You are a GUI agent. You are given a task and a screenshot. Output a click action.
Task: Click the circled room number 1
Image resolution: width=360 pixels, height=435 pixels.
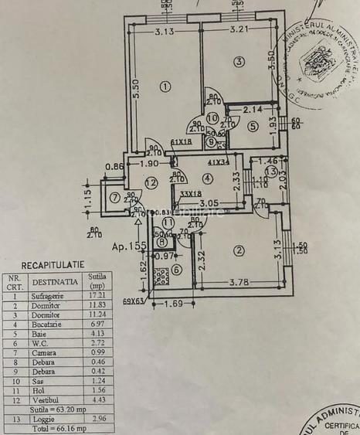[164, 86]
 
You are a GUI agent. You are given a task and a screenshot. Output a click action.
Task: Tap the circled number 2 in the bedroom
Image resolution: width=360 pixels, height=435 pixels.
[239, 250]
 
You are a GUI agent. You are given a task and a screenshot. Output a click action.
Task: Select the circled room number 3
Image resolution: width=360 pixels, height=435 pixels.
[239, 62]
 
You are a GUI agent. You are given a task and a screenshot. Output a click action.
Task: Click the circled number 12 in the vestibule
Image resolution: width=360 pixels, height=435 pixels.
[151, 182]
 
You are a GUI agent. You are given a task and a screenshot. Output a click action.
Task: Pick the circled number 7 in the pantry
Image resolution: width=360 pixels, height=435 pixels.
[115, 196]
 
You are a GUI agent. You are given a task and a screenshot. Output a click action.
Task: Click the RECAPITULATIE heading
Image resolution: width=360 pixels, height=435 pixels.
[53, 264]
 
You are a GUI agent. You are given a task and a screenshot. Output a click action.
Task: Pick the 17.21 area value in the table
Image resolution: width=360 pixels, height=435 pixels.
[97, 295]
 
